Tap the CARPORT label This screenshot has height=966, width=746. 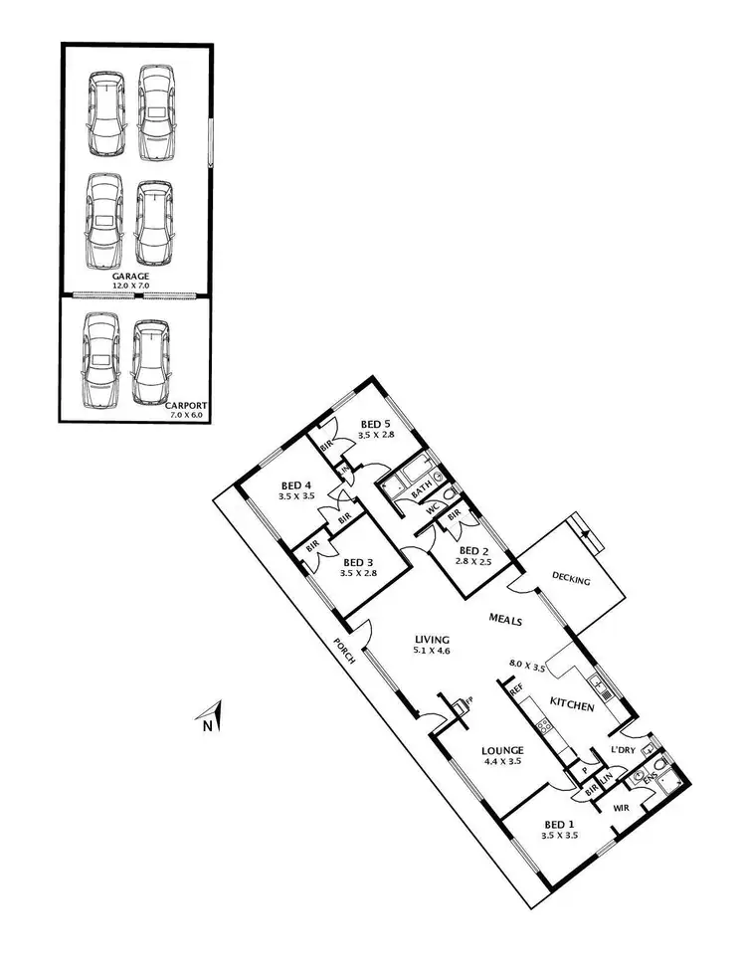186,405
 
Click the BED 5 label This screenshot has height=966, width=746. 375,423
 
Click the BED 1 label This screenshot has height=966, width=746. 559,825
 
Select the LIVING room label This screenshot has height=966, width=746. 433,640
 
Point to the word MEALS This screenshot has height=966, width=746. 506,619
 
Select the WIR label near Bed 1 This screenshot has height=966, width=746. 624,808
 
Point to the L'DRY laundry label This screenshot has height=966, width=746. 625,749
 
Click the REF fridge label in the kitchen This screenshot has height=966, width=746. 516,688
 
